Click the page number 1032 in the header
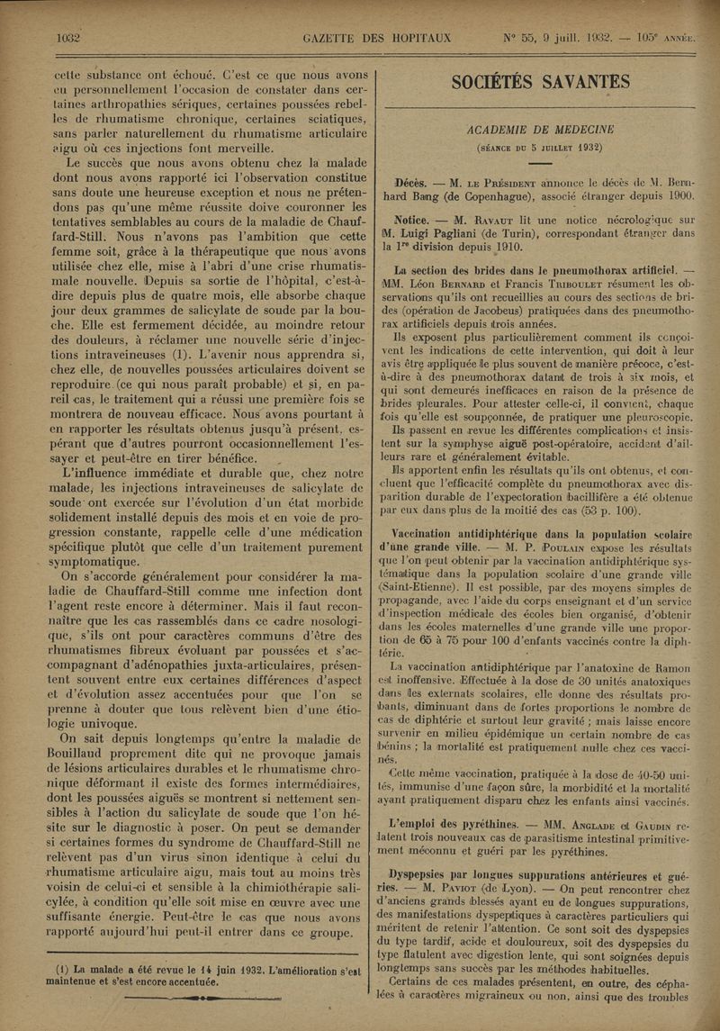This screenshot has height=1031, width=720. pyautogui.click(x=68, y=39)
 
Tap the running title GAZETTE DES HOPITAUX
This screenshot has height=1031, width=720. pyautogui.click(x=377, y=39)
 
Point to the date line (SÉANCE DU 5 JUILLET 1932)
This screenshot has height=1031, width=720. pyautogui.click(x=539, y=148)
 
